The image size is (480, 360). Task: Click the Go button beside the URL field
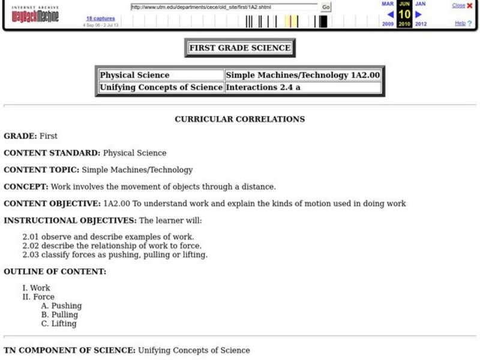[x=326, y=7]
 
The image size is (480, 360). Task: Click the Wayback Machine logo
[x=35, y=14]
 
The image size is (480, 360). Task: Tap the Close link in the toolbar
[x=458, y=5]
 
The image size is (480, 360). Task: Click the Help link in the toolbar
[x=460, y=23]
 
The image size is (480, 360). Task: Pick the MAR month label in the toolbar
[x=388, y=4]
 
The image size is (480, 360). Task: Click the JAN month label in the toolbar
[x=420, y=4]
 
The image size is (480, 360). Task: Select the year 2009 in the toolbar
[x=388, y=24]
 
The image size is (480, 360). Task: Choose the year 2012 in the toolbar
[x=421, y=24]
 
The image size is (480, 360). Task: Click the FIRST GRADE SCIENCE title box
[x=239, y=48]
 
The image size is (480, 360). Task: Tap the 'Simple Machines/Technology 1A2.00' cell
[x=302, y=75]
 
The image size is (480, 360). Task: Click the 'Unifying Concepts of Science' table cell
[x=161, y=87]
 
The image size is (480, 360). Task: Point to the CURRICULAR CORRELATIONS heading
[x=239, y=119]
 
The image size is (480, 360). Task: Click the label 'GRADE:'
[x=20, y=136]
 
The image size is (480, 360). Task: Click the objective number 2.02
[x=31, y=245]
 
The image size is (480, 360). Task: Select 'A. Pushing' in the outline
[x=61, y=305]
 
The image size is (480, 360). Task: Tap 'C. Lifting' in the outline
[x=59, y=323]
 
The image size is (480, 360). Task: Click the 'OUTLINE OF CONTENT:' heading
[x=55, y=271]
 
